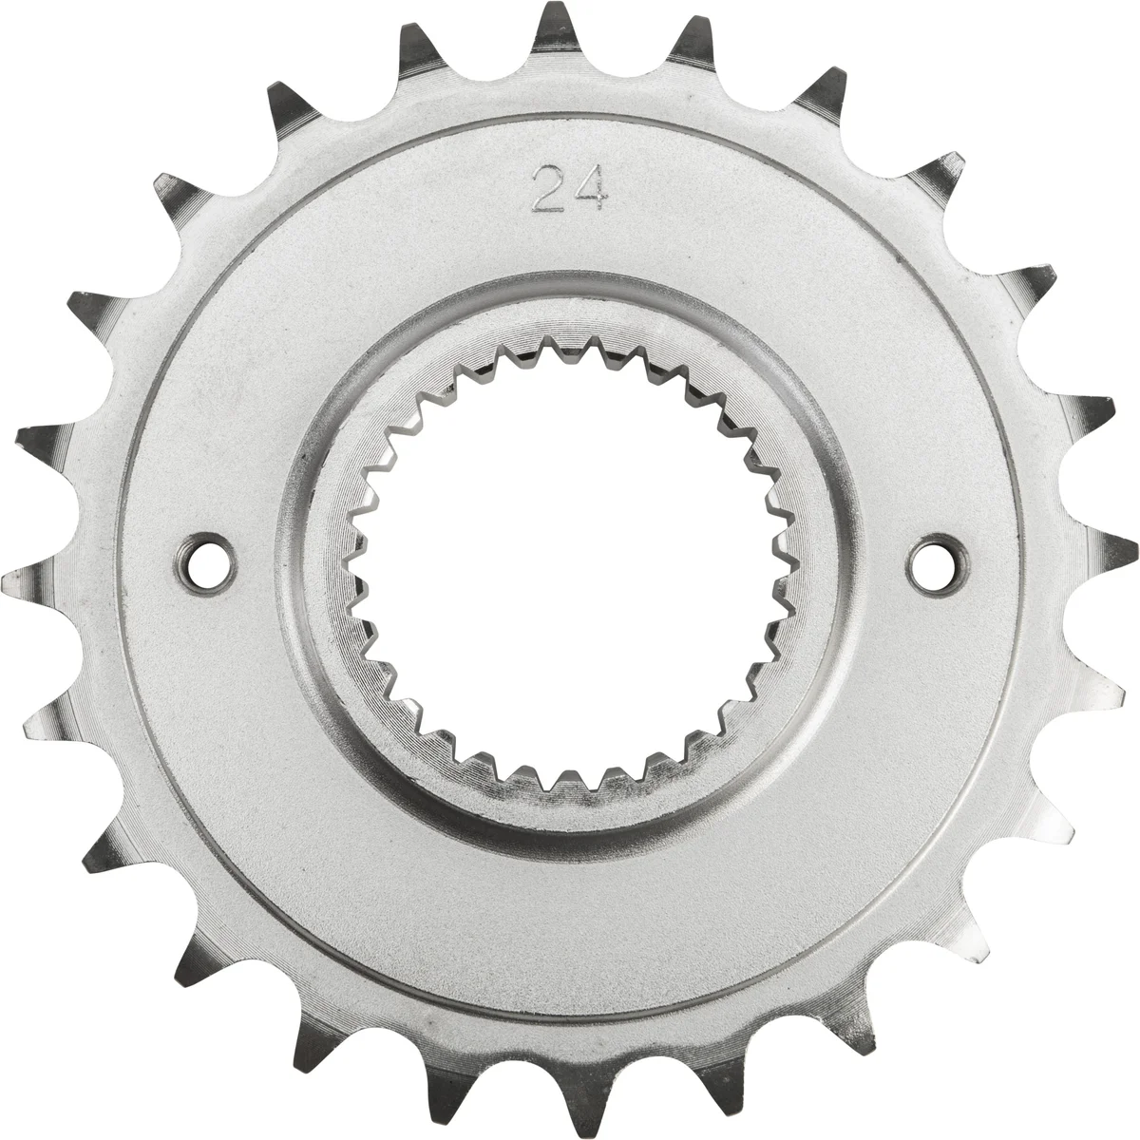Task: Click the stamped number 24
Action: point(569,187)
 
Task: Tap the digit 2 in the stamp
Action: point(549,187)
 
